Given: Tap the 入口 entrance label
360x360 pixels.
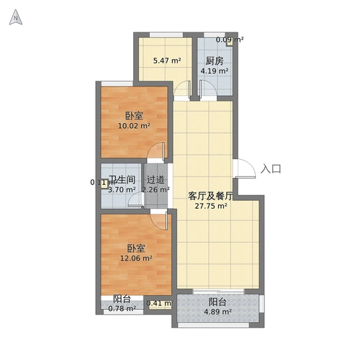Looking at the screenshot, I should tap(271, 169).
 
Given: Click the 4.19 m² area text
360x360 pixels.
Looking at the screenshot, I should tap(215, 71).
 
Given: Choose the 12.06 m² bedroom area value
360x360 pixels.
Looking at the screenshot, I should tap(135, 256).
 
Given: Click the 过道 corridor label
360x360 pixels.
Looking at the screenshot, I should tap(156, 179).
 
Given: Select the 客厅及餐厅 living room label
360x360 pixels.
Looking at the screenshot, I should tap(211, 195).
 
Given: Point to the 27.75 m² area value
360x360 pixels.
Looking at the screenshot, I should tap(212, 205).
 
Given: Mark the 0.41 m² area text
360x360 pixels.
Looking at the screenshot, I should tap(158, 303).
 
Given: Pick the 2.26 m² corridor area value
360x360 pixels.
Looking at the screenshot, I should tap(156, 190).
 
